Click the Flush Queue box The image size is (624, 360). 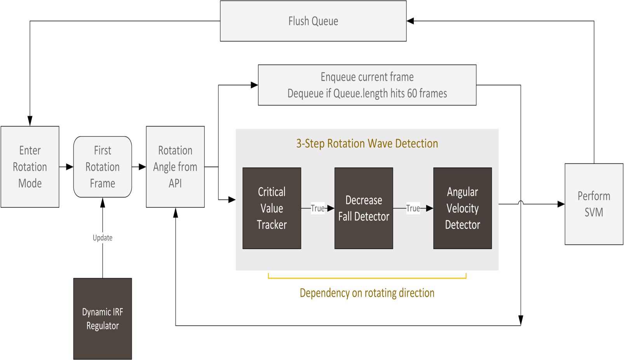pyautogui.click(x=313, y=21)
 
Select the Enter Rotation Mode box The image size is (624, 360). pyautogui.click(x=30, y=167)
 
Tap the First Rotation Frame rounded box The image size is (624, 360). pyautogui.click(x=103, y=167)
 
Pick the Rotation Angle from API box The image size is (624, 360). pyautogui.click(x=175, y=167)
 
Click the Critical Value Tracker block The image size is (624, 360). pyautogui.click(x=272, y=208)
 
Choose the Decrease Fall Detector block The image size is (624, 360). pyautogui.click(x=364, y=208)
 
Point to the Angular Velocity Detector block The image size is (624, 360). pyautogui.click(x=462, y=208)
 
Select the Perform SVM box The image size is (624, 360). pyautogui.click(x=594, y=204)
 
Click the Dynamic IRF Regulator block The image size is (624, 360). pyautogui.click(x=103, y=318)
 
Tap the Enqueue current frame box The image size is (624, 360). pyautogui.click(x=367, y=85)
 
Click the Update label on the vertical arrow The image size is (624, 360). pyautogui.click(x=103, y=238)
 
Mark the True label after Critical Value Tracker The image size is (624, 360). pyautogui.click(x=317, y=209)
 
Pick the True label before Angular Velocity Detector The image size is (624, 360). pyautogui.click(x=413, y=209)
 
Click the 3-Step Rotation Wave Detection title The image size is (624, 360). pyautogui.click(x=367, y=144)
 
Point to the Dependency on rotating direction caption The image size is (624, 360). pyautogui.click(x=367, y=293)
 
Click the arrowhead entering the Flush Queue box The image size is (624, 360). pyautogui.click(x=410, y=21)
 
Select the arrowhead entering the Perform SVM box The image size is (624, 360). pyautogui.click(x=561, y=204)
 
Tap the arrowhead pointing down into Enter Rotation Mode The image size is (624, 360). pyautogui.click(x=30, y=121)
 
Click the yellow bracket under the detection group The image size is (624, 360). pyautogui.click(x=367, y=278)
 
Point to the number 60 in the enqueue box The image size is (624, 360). pyautogui.click(x=412, y=94)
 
